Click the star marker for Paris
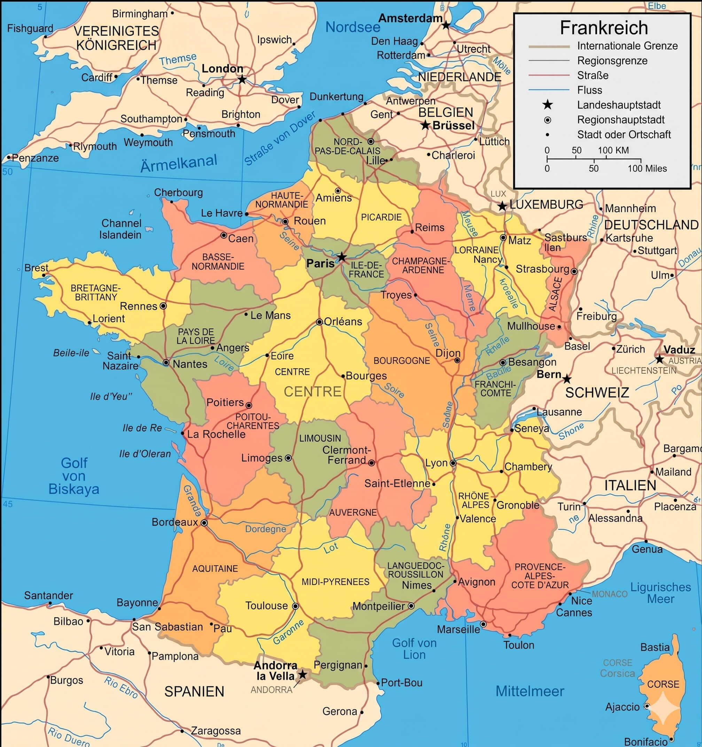point(341,257)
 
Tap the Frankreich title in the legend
point(603,28)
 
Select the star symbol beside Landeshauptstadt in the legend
point(548,105)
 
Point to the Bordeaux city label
point(175,522)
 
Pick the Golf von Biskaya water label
point(74,476)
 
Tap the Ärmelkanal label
point(179,163)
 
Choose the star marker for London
point(242,79)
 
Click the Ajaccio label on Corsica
point(622,707)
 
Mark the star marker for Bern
point(567,379)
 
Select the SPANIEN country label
point(194,691)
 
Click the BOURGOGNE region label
point(401,361)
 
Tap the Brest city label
point(37,268)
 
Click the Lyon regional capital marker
point(453,463)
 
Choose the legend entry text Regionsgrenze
point(612,61)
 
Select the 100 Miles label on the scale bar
point(647,168)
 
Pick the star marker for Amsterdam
point(445,25)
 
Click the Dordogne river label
point(266,529)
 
